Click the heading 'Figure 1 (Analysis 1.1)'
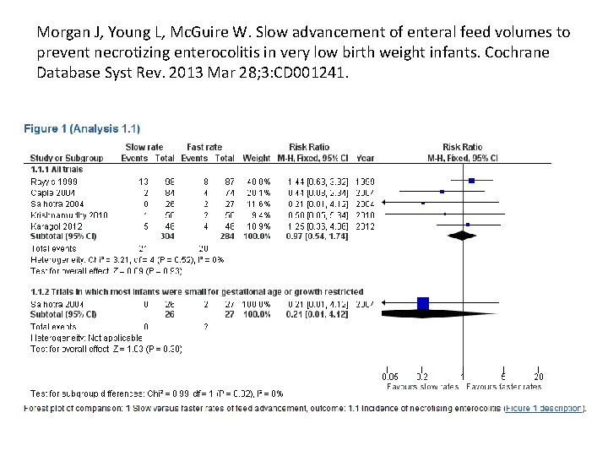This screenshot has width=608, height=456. tap(82, 128)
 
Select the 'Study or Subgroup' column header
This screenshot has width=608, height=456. tap(67, 158)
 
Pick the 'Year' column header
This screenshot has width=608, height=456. tap(365, 158)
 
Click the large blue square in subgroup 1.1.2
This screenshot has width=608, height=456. tap(423, 303)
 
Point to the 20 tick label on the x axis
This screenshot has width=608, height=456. tap(539, 377)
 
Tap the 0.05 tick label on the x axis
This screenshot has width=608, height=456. tap(389, 377)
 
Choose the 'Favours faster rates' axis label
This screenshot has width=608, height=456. tap(504, 387)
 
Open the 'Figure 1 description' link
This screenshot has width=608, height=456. tap(542, 410)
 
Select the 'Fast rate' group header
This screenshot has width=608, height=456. tap(204, 148)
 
